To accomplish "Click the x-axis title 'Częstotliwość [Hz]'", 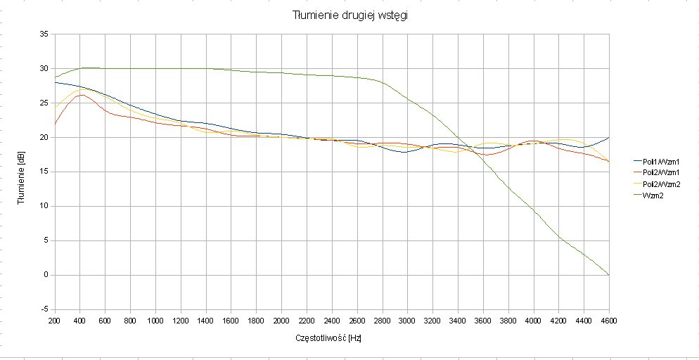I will pos(329,338).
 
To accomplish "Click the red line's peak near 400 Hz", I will pos(82,95).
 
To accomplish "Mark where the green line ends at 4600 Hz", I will pos(609,274).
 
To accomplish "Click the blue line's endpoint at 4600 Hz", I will pos(609,137).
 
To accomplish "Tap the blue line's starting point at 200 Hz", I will pos(55,82).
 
